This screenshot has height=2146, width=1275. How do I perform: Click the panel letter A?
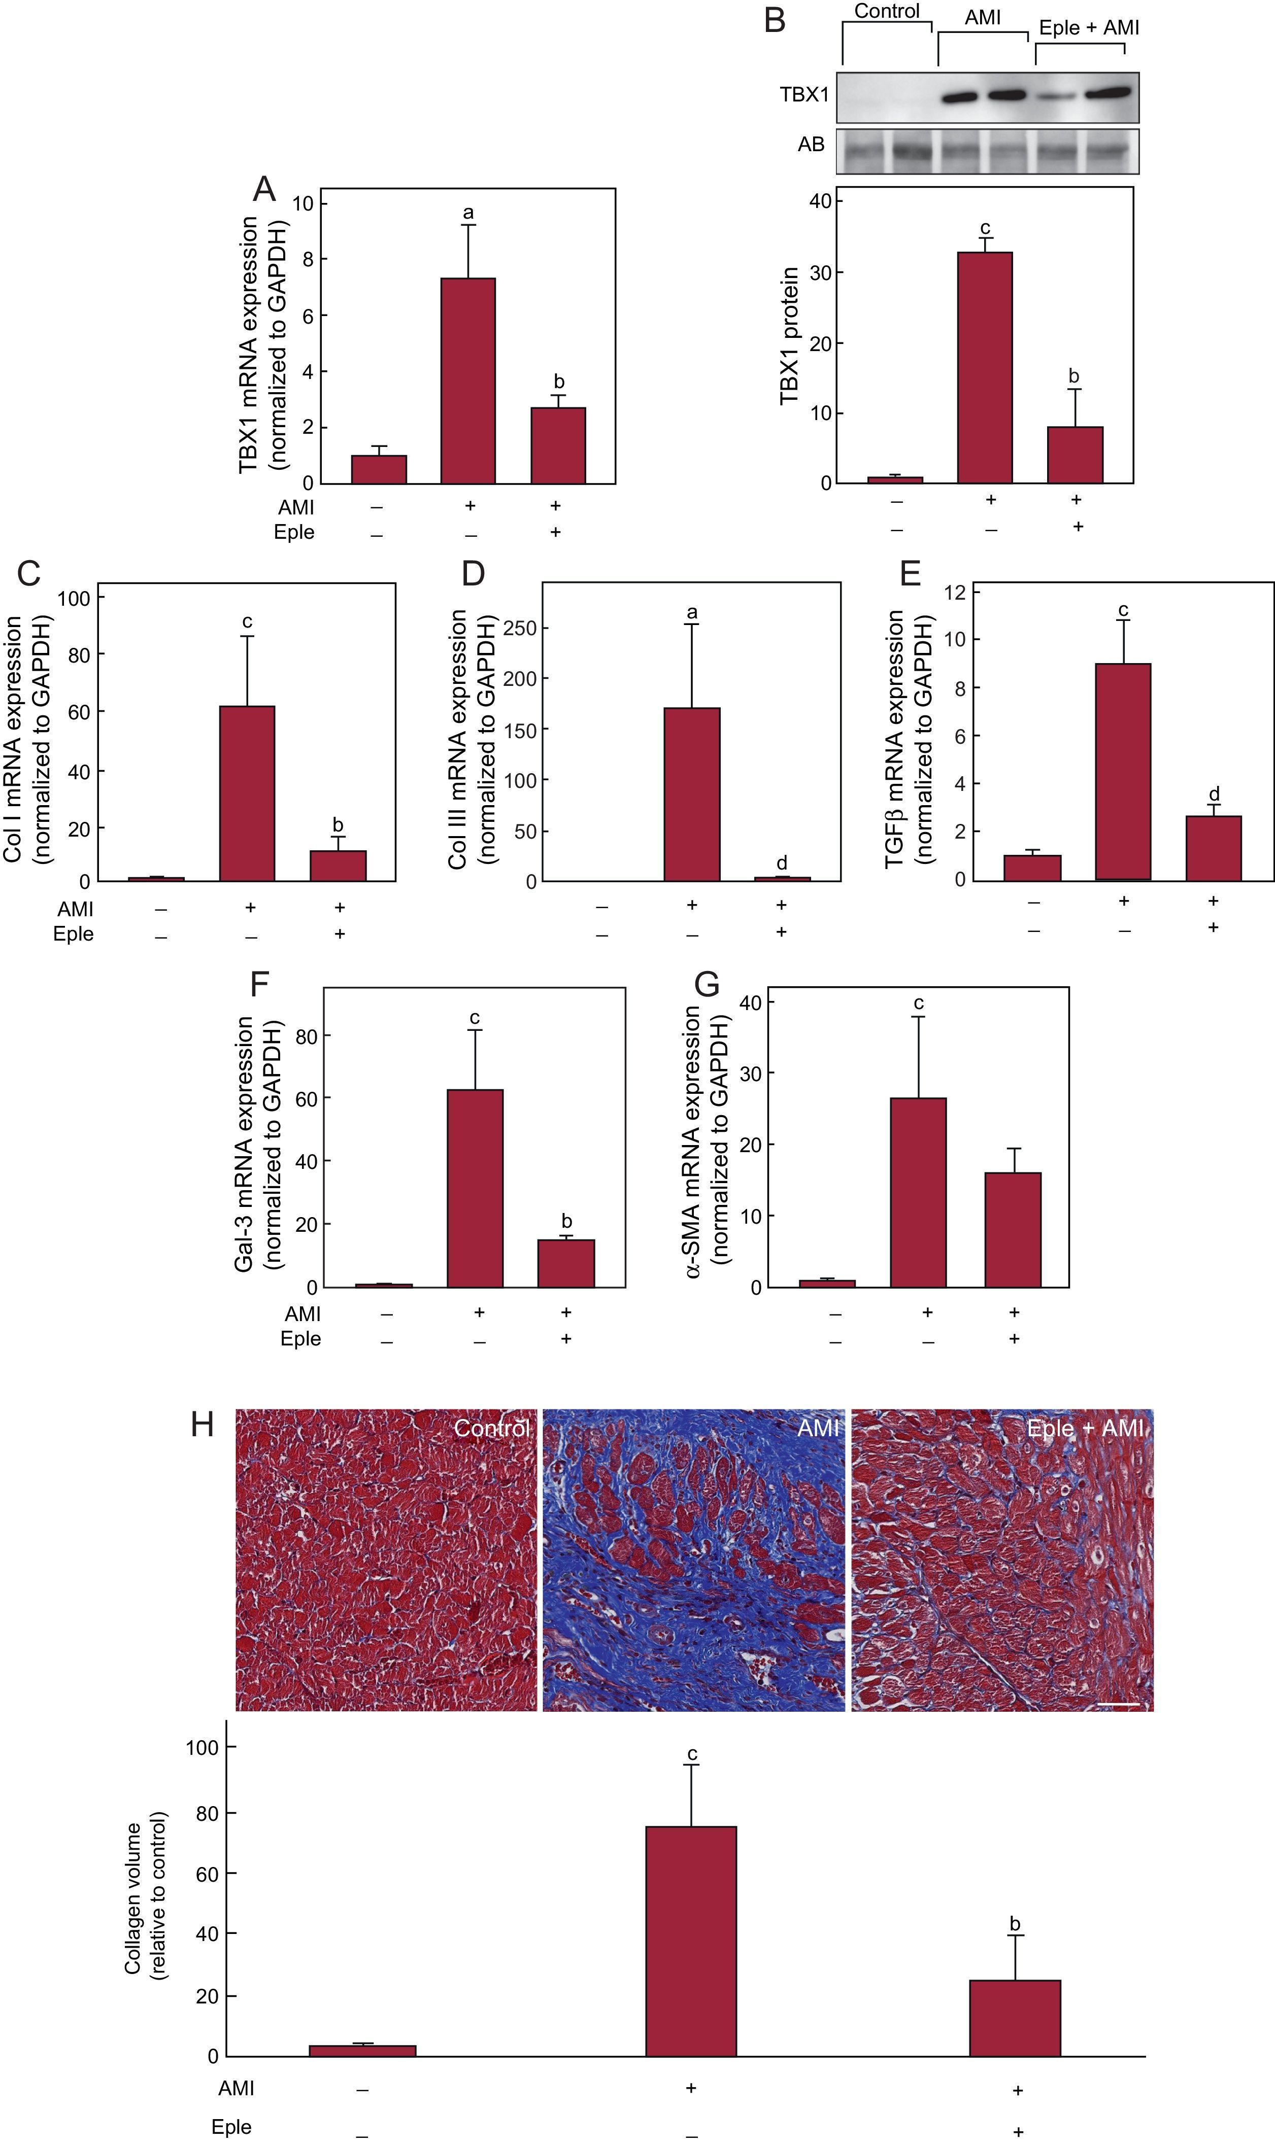point(264,189)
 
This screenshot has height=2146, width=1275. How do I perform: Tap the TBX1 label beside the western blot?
point(804,94)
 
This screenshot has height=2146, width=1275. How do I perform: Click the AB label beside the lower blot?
point(811,144)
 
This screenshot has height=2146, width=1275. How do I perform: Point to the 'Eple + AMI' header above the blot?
point(1089,27)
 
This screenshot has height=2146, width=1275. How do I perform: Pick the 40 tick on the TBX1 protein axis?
point(821,201)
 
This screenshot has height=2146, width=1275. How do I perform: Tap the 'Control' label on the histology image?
point(491,1428)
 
